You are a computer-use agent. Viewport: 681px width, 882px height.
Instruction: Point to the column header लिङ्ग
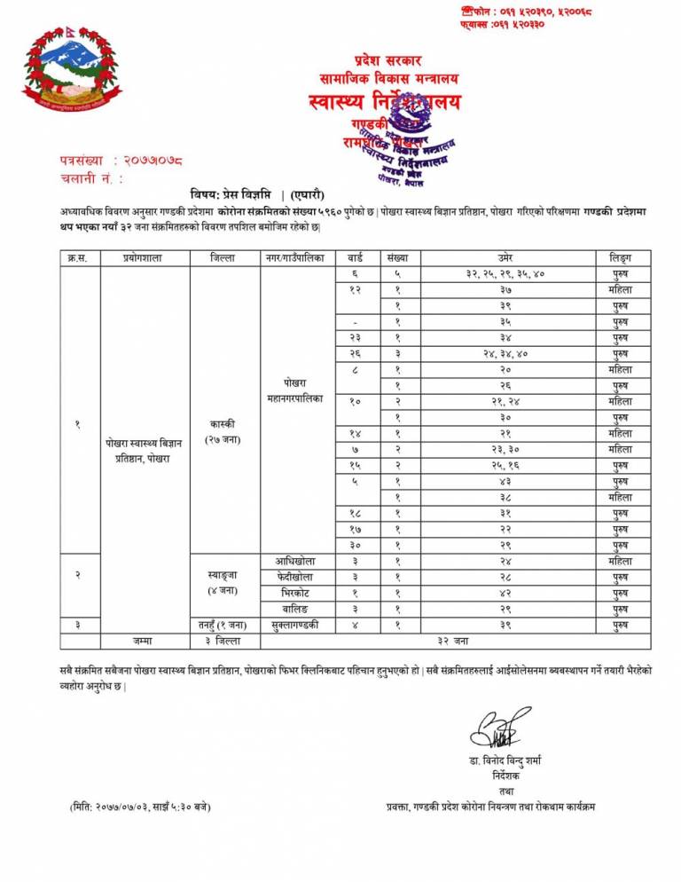[620, 257]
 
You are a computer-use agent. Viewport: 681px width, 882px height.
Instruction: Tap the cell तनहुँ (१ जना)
[223, 624]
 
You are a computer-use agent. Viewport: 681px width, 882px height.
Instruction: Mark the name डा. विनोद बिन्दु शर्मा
[506, 761]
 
